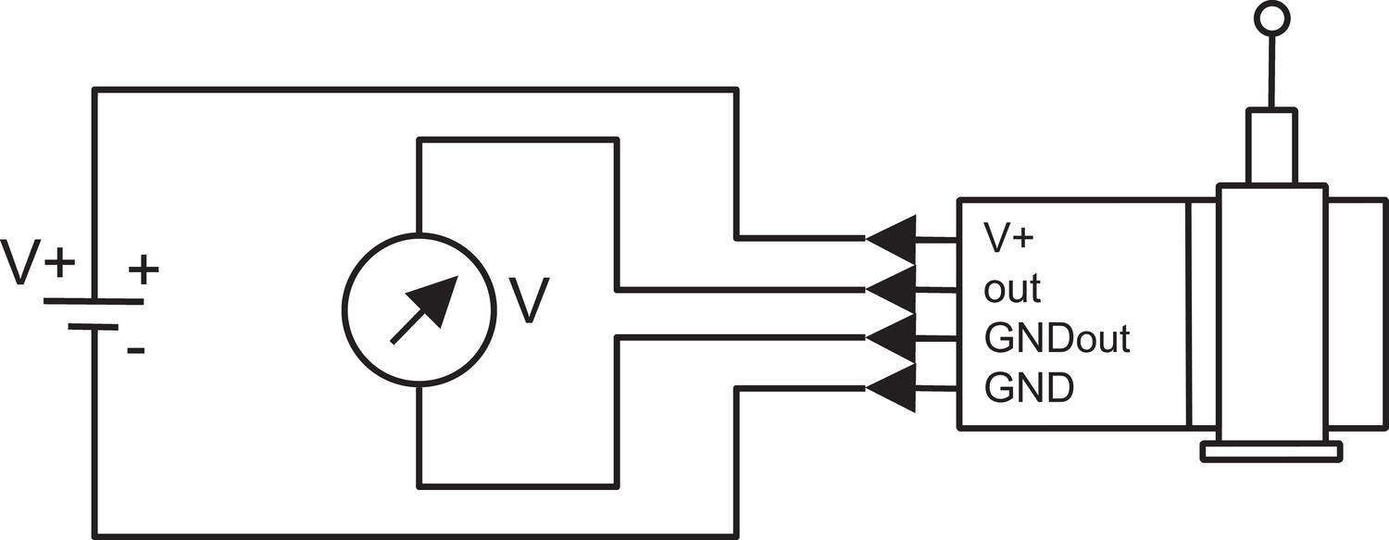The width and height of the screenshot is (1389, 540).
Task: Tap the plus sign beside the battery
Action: point(144,270)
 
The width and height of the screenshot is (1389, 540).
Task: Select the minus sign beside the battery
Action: point(136,351)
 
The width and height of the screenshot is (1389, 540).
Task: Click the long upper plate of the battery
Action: point(94,301)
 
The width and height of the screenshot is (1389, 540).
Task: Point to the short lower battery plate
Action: point(93,326)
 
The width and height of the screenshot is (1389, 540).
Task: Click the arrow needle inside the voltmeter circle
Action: point(424,309)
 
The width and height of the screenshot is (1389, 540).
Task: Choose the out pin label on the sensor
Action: point(1012,289)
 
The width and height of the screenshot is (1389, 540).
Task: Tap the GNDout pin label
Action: point(1057,338)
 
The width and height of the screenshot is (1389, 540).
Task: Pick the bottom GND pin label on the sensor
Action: point(1029,388)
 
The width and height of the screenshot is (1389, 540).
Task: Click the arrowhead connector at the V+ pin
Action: point(891,239)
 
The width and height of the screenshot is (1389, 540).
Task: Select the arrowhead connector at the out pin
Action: point(891,289)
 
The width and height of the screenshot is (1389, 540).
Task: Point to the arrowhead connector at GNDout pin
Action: point(891,338)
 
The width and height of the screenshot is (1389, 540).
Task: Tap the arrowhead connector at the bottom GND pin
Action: point(891,388)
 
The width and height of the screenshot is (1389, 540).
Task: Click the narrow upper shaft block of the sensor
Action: point(1271,147)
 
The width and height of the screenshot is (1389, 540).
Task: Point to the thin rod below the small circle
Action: point(1271,72)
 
